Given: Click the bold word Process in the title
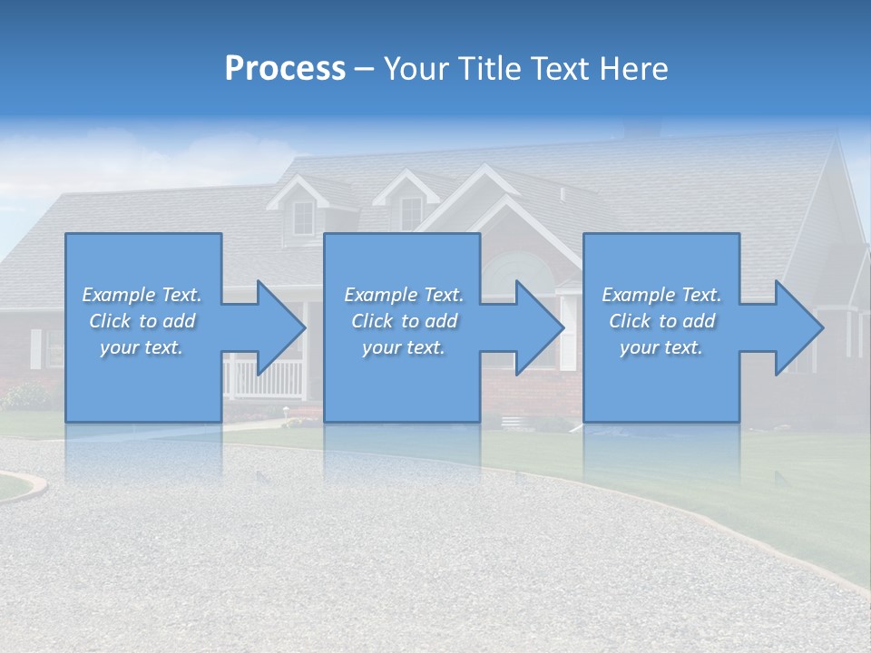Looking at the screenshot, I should click(285, 69).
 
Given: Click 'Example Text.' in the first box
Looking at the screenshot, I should click(142, 295).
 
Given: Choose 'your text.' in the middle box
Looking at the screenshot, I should click(403, 347).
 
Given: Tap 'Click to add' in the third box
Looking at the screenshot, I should click(661, 321).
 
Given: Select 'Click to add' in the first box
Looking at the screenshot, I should click(142, 321).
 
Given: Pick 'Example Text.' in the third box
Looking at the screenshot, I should click(661, 295).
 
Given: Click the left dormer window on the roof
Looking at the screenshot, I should click(303, 217).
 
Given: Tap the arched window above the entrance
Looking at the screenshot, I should click(515, 270).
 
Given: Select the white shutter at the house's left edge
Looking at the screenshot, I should click(35, 348).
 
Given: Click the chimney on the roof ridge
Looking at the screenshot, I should click(643, 131).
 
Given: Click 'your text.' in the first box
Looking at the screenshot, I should click(142, 347).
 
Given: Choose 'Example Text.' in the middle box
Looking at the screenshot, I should click(403, 295).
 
